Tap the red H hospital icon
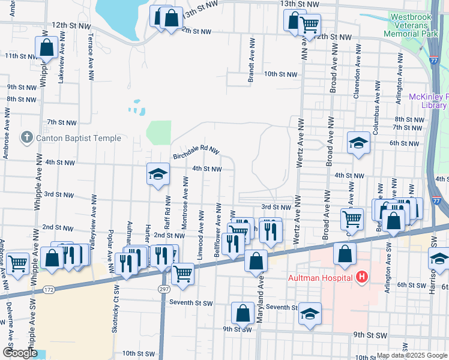(x=361, y=277)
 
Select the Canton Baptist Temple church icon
(x=26, y=138)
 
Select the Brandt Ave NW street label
(x=252, y=59)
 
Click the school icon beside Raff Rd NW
(x=158, y=174)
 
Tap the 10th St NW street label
(x=281, y=74)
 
